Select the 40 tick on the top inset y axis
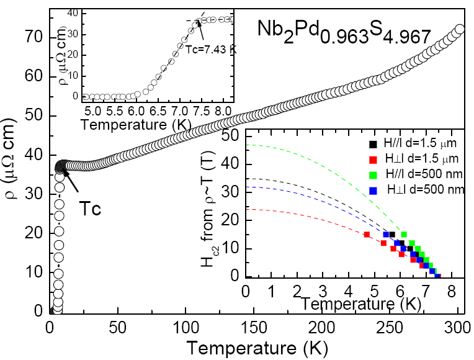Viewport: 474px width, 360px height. [x=76, y=12]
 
